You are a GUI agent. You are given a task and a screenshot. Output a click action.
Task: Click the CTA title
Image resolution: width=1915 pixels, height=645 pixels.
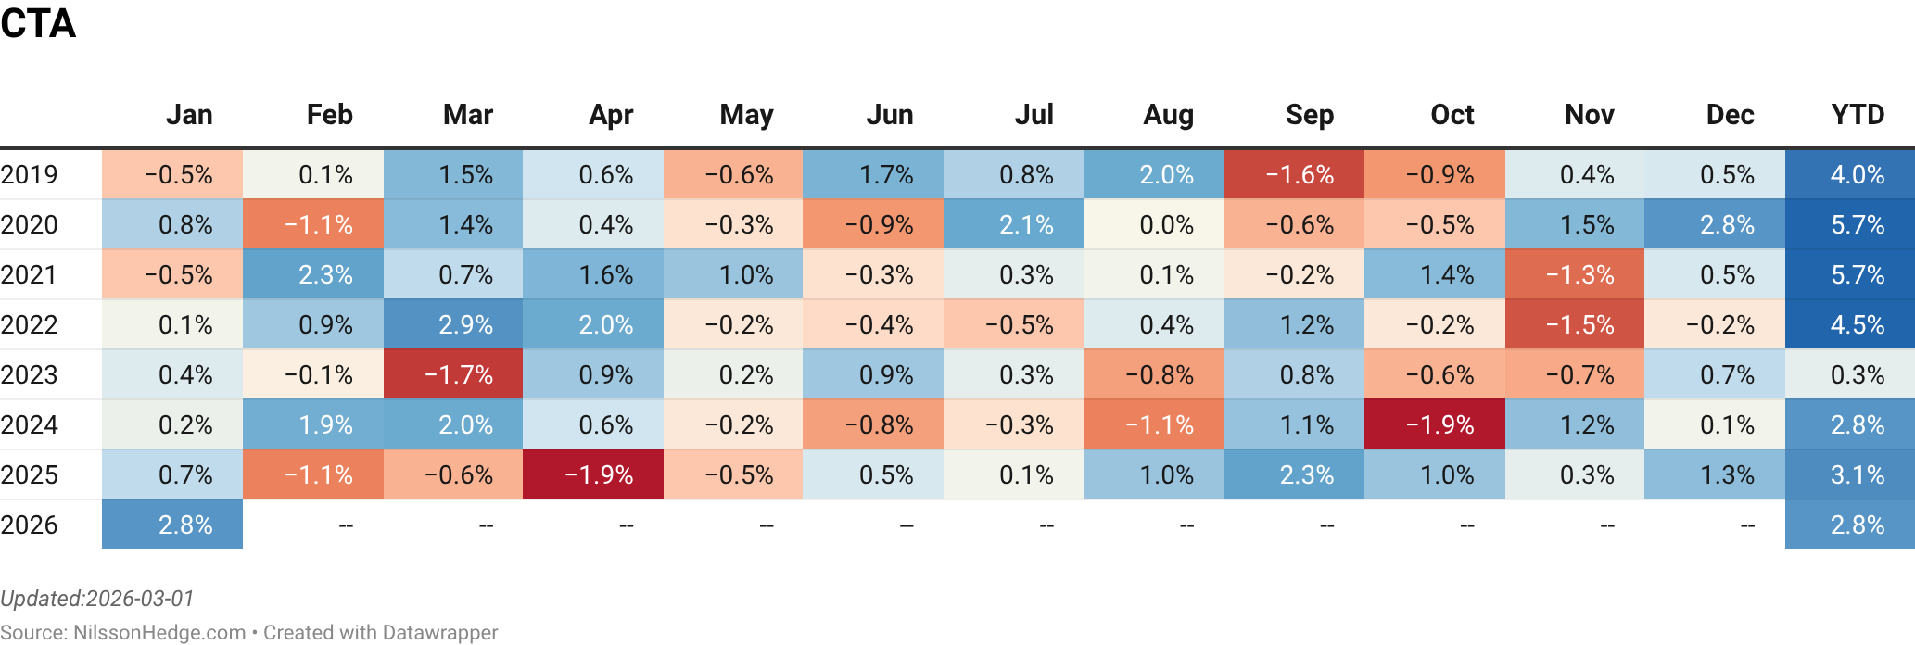[38, 23]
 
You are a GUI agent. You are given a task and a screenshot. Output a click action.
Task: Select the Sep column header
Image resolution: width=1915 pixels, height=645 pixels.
[1309, 115]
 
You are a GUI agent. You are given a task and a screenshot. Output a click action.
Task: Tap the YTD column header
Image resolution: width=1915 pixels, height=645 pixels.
[1857, 115]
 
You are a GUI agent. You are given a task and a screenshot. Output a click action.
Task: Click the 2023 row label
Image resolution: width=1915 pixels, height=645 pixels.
[30, 374]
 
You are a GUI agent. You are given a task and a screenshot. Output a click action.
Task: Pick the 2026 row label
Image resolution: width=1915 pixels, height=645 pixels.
[30, 525]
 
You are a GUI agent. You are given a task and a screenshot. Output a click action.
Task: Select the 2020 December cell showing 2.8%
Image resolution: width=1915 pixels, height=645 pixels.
[1715, 224]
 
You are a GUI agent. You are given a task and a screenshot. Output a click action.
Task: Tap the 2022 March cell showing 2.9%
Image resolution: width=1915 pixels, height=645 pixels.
[453, 324]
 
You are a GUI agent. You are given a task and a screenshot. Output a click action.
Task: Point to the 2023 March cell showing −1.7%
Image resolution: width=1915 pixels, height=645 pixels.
[453, 374]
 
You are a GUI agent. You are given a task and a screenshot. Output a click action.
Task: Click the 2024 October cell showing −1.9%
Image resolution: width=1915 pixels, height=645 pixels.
[1435, 424]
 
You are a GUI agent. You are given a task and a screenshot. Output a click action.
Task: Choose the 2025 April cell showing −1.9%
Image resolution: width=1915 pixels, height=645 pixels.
[593, 474]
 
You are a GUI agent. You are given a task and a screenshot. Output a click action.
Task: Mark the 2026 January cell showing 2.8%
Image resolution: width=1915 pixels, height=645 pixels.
[172, 525]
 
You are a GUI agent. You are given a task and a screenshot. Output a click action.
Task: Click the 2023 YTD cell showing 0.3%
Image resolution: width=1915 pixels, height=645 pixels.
[1850, 374]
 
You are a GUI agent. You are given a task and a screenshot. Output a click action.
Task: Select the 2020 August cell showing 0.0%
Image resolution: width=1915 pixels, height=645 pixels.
[1154, 224]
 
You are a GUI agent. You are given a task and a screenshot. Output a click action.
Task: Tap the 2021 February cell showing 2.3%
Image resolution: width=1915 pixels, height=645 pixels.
[313, 274]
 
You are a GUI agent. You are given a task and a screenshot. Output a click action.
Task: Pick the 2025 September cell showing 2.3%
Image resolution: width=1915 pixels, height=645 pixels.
[1294, 474]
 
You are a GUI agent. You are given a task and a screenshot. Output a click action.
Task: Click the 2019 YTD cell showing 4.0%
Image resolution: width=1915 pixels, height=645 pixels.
[1850, 174]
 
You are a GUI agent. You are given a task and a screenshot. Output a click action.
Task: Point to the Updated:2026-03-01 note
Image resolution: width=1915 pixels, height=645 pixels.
[97, 599]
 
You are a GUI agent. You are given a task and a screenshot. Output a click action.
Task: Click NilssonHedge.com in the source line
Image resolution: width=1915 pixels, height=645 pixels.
[159, 633]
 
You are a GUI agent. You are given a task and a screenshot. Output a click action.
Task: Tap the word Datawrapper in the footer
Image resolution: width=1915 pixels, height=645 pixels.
[439, 633]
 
